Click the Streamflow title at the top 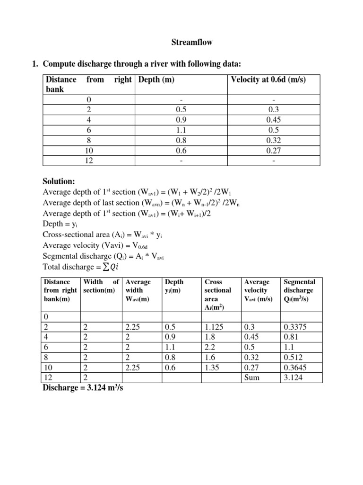[x=191, y=43]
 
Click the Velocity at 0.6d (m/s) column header [x=268, y=80]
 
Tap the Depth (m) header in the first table [x=156, y=80]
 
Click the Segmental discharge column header [x=299, y=290]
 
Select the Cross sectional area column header [x=217, y=295]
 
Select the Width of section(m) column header [x=100, y=286]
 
